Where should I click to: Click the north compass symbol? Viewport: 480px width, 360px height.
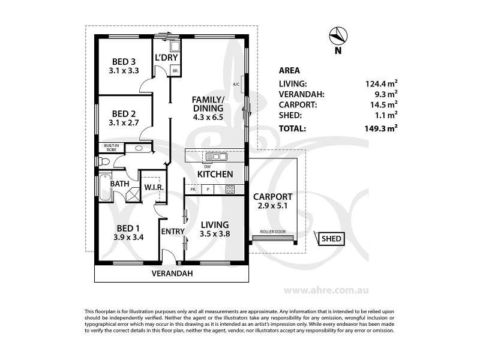tap(338, 35)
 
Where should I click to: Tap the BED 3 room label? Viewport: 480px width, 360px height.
tap(124, 62)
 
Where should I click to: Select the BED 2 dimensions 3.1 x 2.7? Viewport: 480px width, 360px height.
tap(124, 123)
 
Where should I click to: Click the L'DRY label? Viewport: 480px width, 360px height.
tap(166, 57)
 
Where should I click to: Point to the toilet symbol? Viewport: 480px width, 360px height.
tap(104, 161)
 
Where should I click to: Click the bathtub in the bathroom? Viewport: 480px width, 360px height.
tap(105, 187)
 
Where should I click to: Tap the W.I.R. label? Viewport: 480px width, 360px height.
tap(154, 187)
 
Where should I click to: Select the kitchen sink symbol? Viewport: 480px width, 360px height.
tap(217, 157)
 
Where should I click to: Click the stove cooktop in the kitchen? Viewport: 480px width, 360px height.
tap(230, 190)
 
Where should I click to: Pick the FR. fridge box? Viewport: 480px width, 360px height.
tap(193, 190)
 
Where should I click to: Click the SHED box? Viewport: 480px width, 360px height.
tap(331, 239)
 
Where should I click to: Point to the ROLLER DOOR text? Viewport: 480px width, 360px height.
tap(273, 232)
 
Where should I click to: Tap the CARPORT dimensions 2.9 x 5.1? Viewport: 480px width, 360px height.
tap(272, 206)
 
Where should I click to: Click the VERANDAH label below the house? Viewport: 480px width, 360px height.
tap(172, 274)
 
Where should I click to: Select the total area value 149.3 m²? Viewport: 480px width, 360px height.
tap(381, 128)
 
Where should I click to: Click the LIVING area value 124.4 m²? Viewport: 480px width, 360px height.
tap(382, 83)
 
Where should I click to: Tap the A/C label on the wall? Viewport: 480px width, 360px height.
tap(236, 84)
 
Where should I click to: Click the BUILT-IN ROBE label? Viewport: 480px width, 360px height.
tap(112, 148)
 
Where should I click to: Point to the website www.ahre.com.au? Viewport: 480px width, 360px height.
tap(326, 290)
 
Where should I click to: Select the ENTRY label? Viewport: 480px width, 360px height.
tap(173, 232)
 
